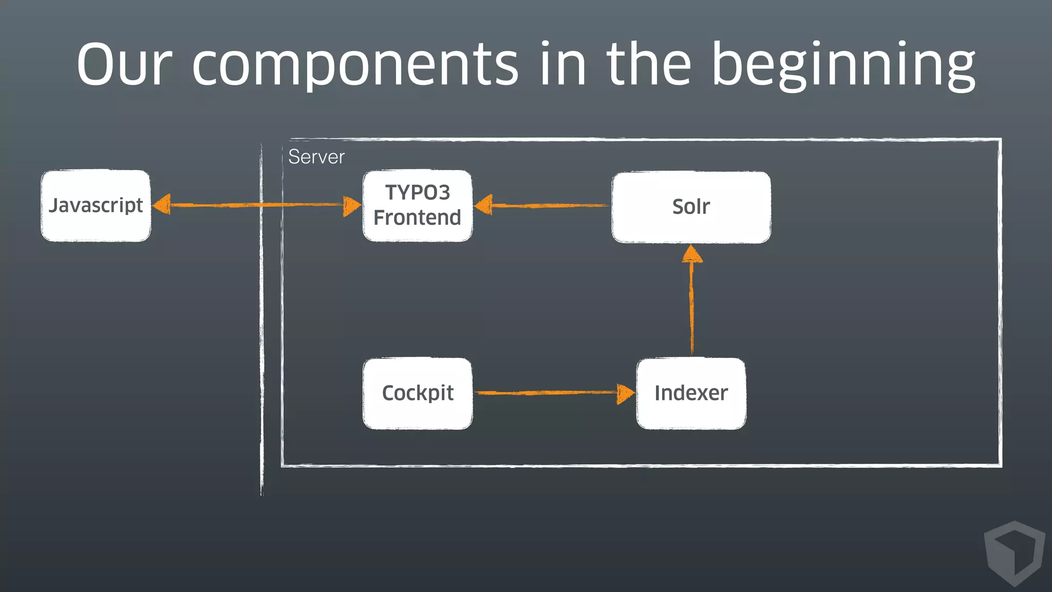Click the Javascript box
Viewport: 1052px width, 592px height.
(x=96, y=206)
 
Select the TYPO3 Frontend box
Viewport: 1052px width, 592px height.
(x=417, y=206)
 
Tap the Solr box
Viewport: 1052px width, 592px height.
(x=691, y=207)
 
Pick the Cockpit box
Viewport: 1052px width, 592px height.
(x=417, y=394)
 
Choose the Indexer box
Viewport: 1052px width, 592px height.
(x=691, y=394)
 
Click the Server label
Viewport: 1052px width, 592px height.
(x=316, y=157)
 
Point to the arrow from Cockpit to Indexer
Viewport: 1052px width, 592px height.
(x=544, y=393)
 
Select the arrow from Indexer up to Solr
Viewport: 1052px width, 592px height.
(x=691, y=308)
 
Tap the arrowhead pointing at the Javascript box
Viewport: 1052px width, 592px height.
(x=162, y=205)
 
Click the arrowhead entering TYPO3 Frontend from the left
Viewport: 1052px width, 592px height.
(x=352, y=206)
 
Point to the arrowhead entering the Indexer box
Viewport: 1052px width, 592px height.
(x=625, y=394)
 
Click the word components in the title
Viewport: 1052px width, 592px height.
(x=354, y=66)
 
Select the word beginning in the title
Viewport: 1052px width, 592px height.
(x=842, y=66)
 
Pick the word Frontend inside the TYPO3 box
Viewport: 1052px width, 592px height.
(x=417, y=218)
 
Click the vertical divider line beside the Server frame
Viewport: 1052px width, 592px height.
(x=261, y=319)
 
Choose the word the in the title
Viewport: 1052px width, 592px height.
(x=649, y=66)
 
